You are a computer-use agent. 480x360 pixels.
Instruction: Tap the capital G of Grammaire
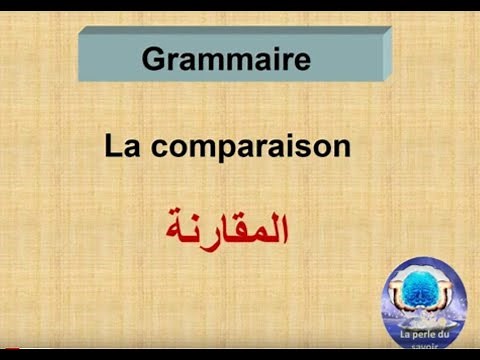[x=153, y=58]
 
